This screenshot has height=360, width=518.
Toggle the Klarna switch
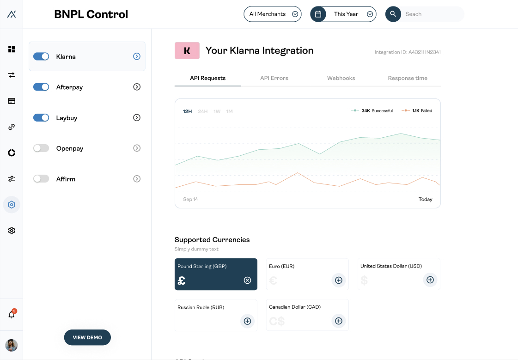point(41,56)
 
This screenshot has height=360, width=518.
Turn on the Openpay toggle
point(41,148)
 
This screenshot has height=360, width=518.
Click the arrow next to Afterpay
point(137,87)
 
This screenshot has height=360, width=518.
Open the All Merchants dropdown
point(273,14)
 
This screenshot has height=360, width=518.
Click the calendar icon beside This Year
point(318,14)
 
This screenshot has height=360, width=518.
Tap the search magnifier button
point(393,14)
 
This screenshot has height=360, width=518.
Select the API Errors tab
point(274,78)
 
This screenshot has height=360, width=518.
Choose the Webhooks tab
point(341,78)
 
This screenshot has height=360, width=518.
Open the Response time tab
point(408,78)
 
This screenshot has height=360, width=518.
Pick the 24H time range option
point(202,111)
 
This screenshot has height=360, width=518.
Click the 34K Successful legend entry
point(372,111)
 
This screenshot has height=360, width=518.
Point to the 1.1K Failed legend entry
point(418,111)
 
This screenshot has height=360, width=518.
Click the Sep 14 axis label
point(190,200)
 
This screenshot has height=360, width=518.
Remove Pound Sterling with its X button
point(247,280)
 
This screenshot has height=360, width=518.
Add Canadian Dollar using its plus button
point(339,321)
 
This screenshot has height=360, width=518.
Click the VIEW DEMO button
point(87,337)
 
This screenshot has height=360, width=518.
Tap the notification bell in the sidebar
point(12,315)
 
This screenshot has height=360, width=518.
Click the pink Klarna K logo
point(187,51)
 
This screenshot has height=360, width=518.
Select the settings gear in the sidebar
point(12,230)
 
